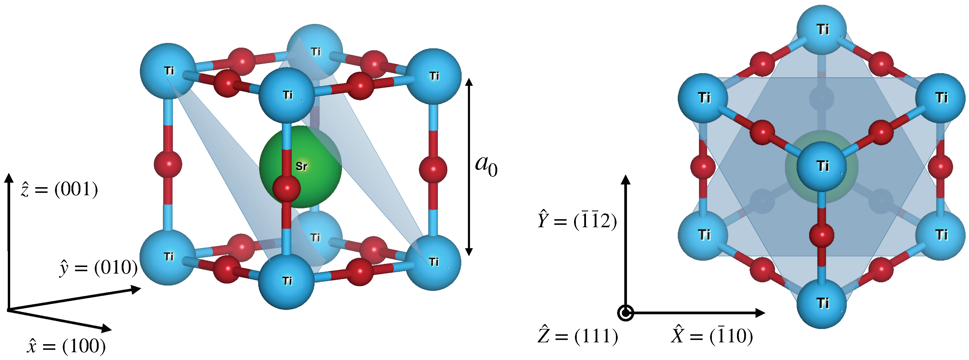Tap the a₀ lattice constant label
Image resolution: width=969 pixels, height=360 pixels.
pos(486,166)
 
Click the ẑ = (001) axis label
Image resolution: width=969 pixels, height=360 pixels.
pos(59,189)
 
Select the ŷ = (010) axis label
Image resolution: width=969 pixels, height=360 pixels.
pos(99,268)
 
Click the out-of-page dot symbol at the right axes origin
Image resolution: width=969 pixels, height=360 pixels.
pos(625,312)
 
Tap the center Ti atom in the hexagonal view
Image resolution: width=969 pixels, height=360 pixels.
pos(822,166)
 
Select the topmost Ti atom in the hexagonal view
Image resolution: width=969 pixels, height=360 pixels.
pos(822,29)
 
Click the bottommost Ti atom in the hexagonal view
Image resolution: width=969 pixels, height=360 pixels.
pos(822,303)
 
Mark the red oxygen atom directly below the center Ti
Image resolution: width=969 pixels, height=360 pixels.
pos(822,235)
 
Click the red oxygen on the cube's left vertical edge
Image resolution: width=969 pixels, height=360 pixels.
pos(168,164)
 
